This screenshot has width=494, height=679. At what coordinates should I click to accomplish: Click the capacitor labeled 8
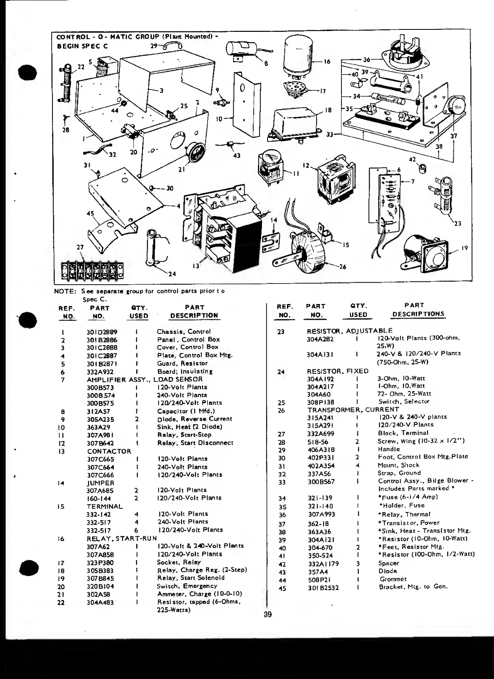[241, 50]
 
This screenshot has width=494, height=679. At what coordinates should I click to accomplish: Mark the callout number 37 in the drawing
[454, 136]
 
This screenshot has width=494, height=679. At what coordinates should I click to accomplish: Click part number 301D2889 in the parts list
[101, 332]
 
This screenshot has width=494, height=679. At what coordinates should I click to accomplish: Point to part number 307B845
[100, 578]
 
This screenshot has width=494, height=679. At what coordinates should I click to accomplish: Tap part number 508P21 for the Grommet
[317, 579]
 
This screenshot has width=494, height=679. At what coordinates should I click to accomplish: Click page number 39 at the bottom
[268, 614]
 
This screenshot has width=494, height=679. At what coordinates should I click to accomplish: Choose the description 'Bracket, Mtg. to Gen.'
[413, 587]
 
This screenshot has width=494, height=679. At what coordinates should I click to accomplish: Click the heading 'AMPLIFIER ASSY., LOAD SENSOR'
[144, 379]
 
